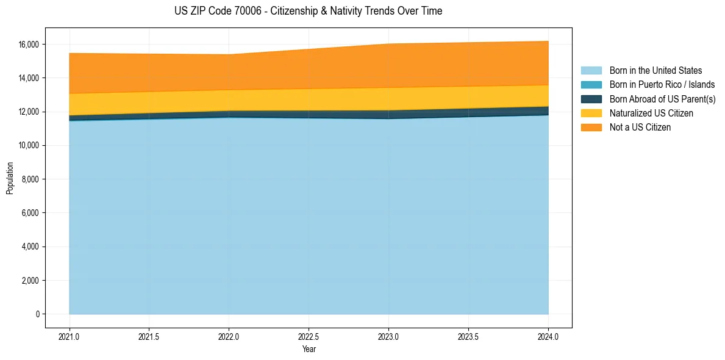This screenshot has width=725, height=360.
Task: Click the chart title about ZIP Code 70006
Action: [x=308, y=11]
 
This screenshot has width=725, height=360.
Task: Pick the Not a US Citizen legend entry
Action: [x=640, y=128]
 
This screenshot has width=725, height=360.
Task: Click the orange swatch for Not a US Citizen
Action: [x=591, y=128]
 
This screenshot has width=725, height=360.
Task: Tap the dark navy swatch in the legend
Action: [x=591, y=99]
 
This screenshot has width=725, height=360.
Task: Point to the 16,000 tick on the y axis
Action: [x=28, y=45]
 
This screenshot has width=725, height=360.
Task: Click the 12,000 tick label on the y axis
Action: [x=28, y=112]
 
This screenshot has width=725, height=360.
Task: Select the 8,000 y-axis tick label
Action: [x=30, y=179]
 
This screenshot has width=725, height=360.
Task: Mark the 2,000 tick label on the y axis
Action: [x=30, y=281]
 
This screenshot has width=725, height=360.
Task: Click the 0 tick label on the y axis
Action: [x=37, y=314]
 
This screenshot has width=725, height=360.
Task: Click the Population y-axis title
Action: [x=10, y=178]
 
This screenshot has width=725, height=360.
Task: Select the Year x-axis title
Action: [x=309, y=350]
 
